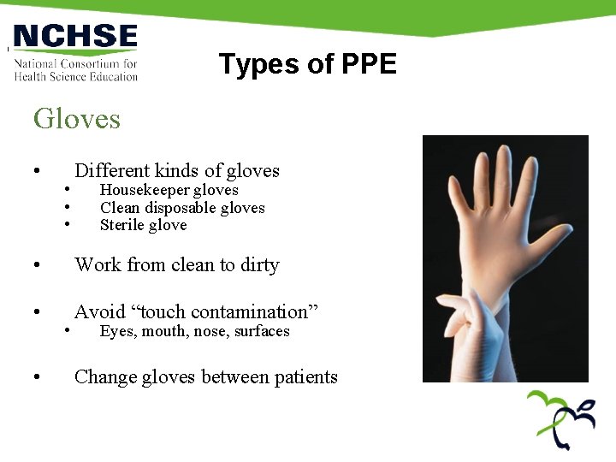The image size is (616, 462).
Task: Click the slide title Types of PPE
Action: pyautogui.click(x=307, y=64)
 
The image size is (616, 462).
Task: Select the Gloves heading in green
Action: pyautogui.click(x=77, y=118)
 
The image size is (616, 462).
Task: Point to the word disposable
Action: pyautogui.click(x=181, y=208)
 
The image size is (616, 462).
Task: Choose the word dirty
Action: pyautogui.click(x=260, y=265)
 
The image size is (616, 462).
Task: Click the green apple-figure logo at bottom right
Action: pyautogui.click(x=560, y=418)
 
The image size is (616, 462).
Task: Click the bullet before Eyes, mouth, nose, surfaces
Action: pyautogui.click(x=67, y=331)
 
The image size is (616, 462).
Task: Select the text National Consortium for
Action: pyautogui.click(x=75, y=64)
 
